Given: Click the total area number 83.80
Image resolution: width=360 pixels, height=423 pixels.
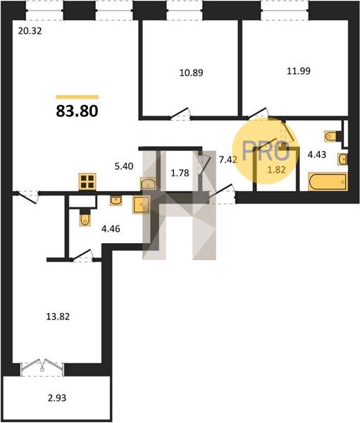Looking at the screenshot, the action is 77,111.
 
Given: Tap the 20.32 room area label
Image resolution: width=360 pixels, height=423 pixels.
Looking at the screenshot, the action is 30,31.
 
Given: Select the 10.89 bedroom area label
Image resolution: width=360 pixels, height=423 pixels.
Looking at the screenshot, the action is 192,73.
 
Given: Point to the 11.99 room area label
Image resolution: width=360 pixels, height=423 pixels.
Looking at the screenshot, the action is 299,71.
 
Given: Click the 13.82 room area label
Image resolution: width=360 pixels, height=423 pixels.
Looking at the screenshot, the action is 58,317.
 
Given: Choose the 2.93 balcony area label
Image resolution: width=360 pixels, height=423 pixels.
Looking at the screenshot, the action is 57,398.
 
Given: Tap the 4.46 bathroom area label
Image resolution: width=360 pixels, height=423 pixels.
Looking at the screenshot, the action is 111,229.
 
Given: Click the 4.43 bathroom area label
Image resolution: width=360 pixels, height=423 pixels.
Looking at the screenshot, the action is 317,155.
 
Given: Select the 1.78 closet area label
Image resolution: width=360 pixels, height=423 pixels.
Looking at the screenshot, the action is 180,173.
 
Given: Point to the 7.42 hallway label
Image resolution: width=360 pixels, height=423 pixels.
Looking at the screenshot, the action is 228,160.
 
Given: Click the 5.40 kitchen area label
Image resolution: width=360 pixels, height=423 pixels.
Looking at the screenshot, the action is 124,166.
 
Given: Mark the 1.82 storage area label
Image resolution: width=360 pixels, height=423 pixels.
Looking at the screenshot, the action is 276,170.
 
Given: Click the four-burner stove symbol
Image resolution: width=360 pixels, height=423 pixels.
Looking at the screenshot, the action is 87,181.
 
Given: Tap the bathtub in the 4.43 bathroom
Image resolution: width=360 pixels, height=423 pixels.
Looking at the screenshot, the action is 328,181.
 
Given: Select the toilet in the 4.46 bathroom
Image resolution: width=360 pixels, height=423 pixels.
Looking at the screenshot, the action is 85,217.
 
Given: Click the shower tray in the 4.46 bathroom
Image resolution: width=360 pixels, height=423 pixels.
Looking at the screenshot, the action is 141,204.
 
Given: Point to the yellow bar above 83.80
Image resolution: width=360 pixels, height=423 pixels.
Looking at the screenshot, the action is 77,97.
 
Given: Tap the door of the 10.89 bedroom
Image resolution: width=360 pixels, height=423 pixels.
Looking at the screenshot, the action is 180,114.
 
